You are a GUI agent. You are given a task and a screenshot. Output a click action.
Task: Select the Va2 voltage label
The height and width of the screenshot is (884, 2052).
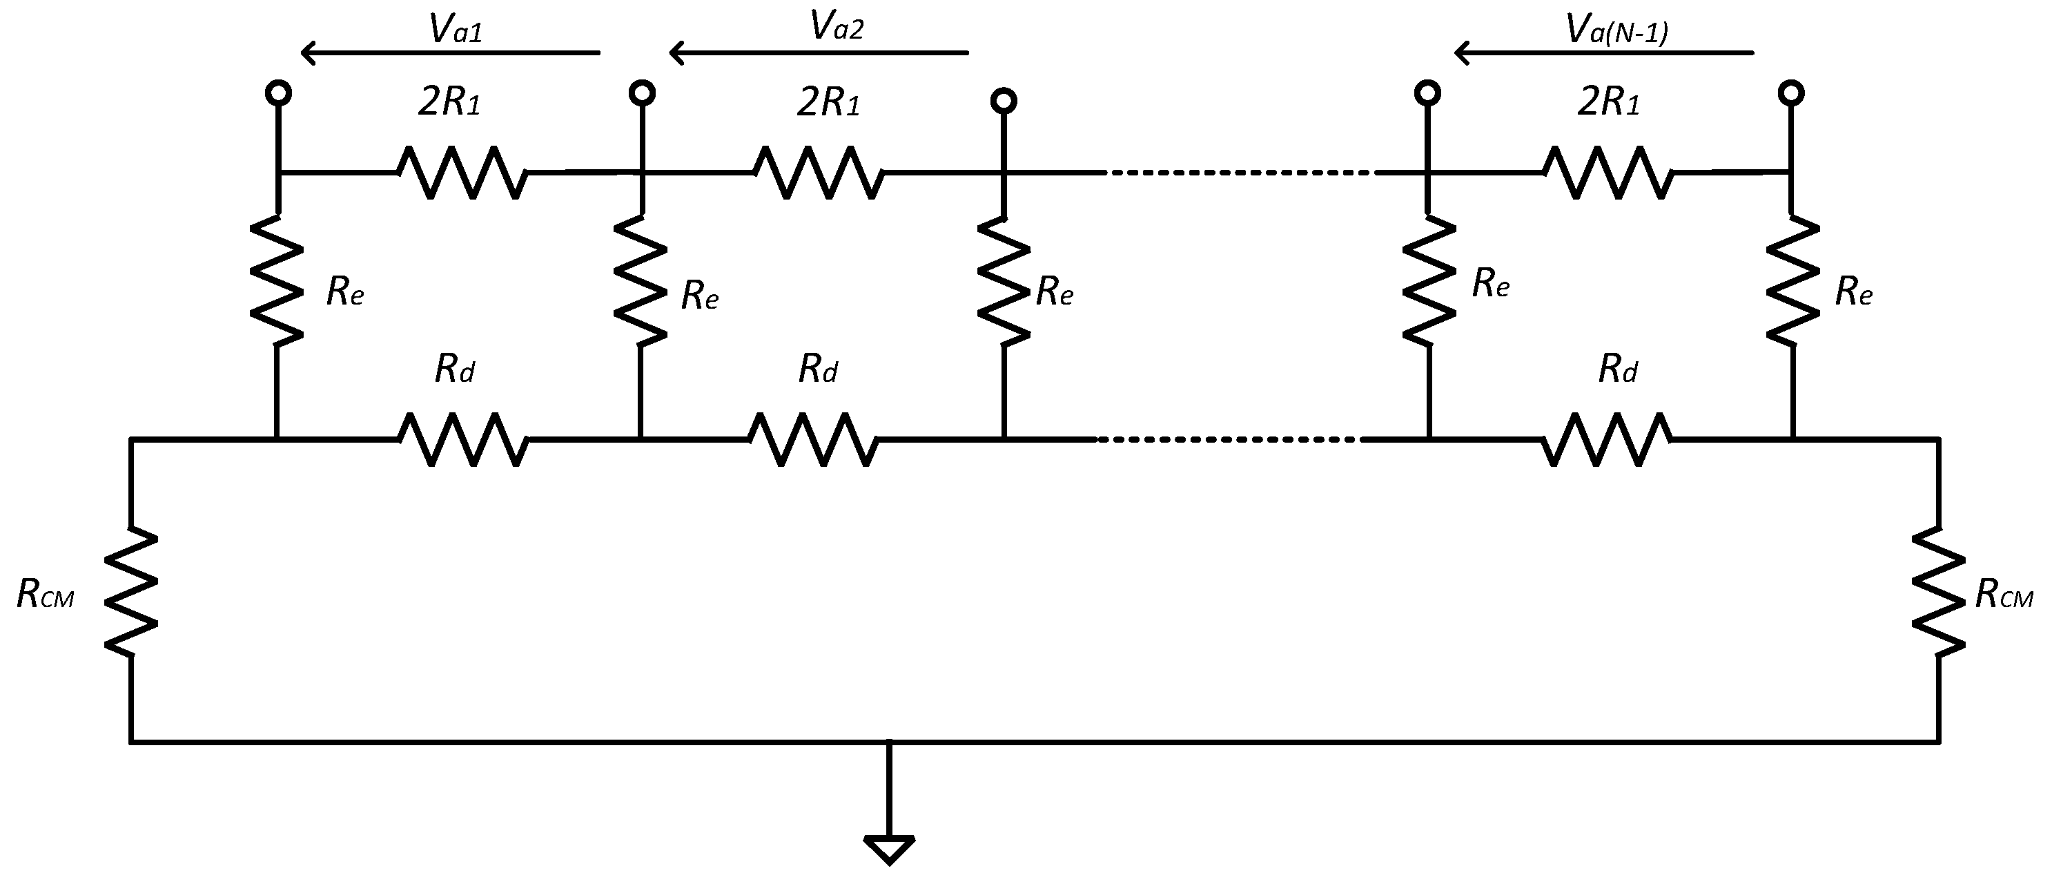pyautogui.click(x=836, y=26)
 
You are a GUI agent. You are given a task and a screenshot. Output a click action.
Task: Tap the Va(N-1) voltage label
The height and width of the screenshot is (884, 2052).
pyautogui.click(x=1616, y=30)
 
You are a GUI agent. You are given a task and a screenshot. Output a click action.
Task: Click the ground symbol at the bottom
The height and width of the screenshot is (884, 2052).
pyautogui.click(x=889, y=849)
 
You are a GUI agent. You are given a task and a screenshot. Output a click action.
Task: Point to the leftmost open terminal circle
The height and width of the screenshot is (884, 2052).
pyautogui.click(x=278, y=93)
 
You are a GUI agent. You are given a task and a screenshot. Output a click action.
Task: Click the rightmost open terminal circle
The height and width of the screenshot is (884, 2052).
pyautogui.click(x=1792, y=93)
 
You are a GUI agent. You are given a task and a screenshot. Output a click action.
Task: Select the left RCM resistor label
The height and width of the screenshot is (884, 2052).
pyautogui.click(x=45, y=594)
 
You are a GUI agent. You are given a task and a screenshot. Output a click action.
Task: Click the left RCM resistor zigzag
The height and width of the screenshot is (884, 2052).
pyautogui.click(x=130, y=590)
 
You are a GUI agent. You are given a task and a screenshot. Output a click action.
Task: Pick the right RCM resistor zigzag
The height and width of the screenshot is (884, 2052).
pyautogui.click(x=1938, y=590)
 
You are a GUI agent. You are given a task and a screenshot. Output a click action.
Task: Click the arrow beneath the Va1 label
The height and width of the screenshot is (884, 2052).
pyautogui.click(x=450, y=53)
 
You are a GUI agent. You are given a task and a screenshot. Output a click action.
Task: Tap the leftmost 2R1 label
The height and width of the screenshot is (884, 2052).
pyautogui.click(x=449, y=103)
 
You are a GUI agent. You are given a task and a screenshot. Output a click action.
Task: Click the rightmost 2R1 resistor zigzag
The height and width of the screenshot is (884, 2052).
pyautogui.click(x=1608, y=171)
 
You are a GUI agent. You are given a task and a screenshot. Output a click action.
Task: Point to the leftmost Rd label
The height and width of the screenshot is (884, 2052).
pyautogui.click(x=455, y=369)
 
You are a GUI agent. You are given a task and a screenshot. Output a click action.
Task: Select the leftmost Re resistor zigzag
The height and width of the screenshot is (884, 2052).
pyautogui.click(x=276, y=279)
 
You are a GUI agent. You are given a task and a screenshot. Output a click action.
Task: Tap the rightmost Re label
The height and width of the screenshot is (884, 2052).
pyautogui.click(x=1854, y=293)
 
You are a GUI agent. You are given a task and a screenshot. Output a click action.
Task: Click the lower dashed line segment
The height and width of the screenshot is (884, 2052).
pyautogui.click(x=1229, y=439)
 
